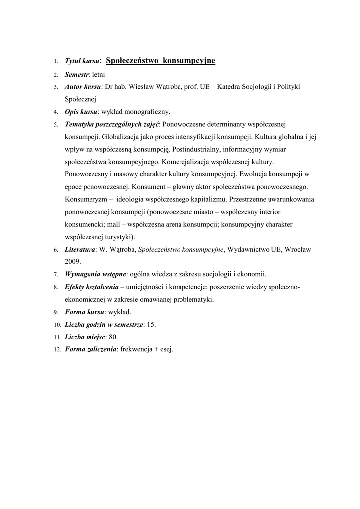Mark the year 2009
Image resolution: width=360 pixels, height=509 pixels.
click(73, 261)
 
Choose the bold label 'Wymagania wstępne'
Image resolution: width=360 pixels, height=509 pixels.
click(95, 274)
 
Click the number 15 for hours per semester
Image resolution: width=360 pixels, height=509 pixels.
click(151, 324)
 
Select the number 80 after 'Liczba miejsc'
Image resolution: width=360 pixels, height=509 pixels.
click(113, 337)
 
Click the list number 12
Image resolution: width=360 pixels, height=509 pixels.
click(56, 350)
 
